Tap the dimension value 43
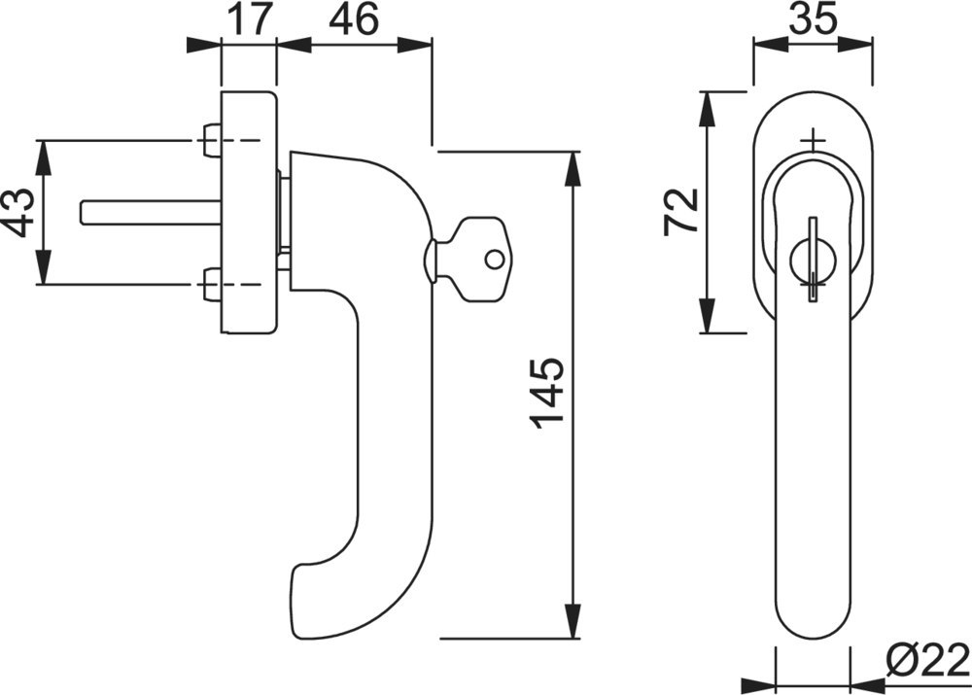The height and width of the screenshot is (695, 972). click(19, 213)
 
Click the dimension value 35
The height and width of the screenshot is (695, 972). click(813, 20)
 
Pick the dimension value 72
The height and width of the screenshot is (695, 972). click(680, 211)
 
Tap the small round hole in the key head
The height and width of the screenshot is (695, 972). click(494, 260)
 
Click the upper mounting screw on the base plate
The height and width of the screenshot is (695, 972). click(212, 140)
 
